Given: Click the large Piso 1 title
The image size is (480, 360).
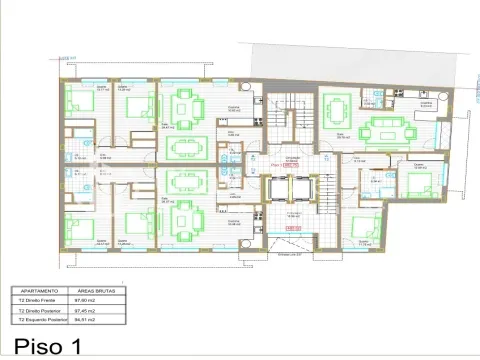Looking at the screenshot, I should [x=41, y=346].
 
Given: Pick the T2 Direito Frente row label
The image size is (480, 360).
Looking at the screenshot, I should [x=36, y=298].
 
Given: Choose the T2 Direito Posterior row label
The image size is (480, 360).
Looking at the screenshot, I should [x=38, y=309].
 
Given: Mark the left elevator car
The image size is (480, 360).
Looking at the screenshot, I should [x=278, y=190].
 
